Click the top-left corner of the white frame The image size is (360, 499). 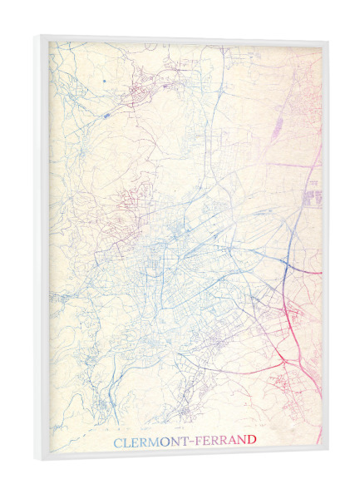click(37, 36)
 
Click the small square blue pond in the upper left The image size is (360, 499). click(105, 80)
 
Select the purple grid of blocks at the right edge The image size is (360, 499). click(313, 197)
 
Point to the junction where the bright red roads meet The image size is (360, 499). click(288, 311)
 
